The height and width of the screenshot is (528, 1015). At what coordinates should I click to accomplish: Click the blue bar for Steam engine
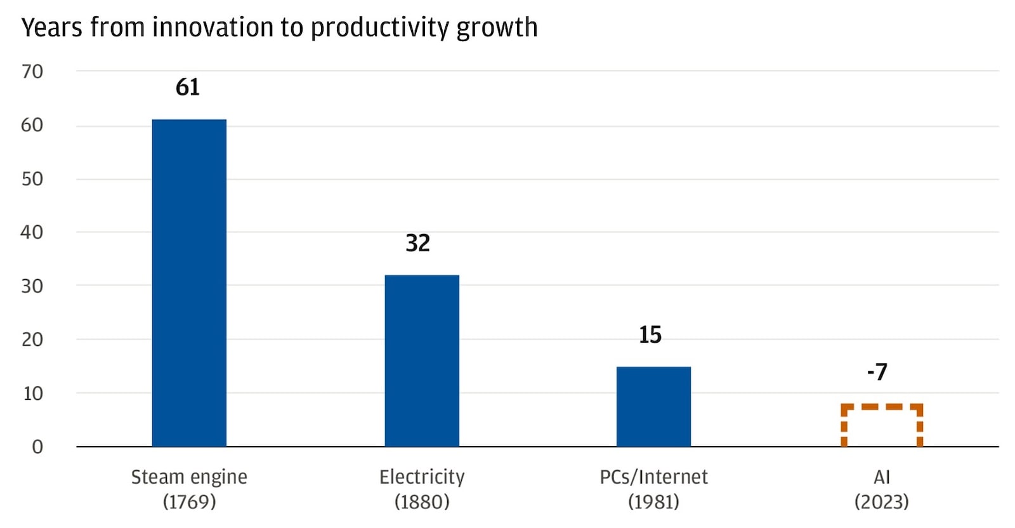189,282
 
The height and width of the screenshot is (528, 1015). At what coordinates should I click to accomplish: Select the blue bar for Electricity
422,360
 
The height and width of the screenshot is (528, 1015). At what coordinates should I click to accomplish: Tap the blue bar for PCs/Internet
653,406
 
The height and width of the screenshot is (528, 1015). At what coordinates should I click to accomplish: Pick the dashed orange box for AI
881,426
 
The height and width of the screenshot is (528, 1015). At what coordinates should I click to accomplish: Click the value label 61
188,87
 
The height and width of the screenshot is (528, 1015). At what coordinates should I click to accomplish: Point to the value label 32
418,243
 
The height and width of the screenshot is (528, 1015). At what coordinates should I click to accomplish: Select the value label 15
650,335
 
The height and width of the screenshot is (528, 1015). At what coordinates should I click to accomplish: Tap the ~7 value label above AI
877,372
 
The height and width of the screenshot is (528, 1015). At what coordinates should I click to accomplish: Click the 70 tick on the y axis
32,72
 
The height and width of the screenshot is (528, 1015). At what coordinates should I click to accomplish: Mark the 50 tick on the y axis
32,179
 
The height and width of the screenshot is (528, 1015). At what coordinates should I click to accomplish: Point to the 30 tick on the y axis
32,286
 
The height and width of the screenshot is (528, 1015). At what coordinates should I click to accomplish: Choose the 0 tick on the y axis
37,447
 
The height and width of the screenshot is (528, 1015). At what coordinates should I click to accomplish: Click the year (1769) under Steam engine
189,502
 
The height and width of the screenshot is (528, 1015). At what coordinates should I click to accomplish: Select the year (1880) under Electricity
422,502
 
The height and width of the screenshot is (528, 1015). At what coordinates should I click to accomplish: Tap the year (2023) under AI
881,502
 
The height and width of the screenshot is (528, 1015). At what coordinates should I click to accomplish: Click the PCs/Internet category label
653,477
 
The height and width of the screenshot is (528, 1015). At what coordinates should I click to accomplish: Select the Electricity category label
422,477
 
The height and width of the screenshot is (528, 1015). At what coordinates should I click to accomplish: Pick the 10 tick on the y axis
32,393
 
